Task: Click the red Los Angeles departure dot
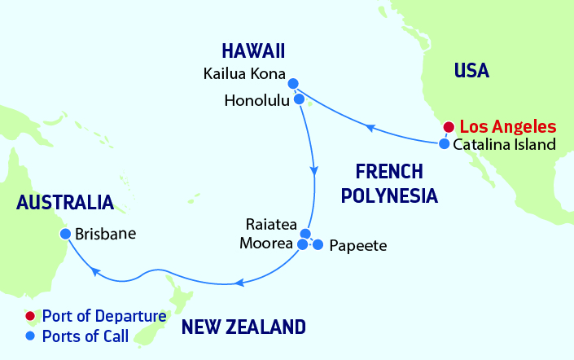[x=447, y=127]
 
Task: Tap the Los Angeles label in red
[x=508, y=127]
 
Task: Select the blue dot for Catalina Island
[x=444, y=144]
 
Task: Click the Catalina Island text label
[x=504, y=145]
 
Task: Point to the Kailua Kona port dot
[x=293, y=82]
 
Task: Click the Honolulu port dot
[x=299, y=99]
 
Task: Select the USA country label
[x=471, y=71]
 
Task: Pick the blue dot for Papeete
[x=318, y=244]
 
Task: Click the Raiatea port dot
[x=305, y=234]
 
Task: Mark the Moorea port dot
[x=302, y=244]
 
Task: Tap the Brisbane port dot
[x=64, y=234]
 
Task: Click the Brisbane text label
[x=105, y=234]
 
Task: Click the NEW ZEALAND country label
[x=243, y=327]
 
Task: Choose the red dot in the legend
[x=30, y=316]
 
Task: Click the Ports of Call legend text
[x=85, y=335]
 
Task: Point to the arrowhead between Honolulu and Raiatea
[x=313, y=172]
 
